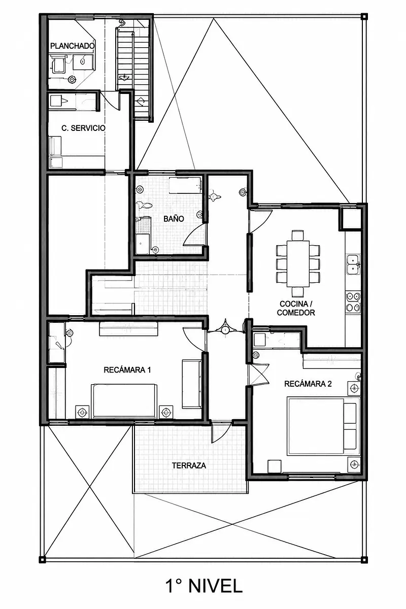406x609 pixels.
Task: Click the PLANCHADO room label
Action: pyautogui.click(x=73, y=46)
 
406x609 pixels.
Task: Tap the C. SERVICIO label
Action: pyautogui.click(x=83, y=128)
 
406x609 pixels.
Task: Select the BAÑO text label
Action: pyautogui.click(x=174, y=219)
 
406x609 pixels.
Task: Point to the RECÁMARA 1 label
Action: pyautogui.click(x=127, y=370)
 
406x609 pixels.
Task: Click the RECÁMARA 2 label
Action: pyautogui.click(x=308, y=384)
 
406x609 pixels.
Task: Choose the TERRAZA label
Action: pyautogui.click(x=189, y=465)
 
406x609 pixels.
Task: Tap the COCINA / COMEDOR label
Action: pyautogui.click(x=296, y=308)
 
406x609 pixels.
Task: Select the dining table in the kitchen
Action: pyautogui.click(x=298, y=263)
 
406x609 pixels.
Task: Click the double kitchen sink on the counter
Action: pyautogui.click(x=353, y=264)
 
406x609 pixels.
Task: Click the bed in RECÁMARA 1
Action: pyautogui.click(x=124, y=401)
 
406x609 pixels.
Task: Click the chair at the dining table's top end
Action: pyautogui.click(x=298, y=235)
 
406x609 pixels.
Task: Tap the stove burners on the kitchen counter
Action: pyautogui.click(x=353, y=301)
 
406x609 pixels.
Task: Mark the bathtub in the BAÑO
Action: pyautogui.click(x=185, y=185)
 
